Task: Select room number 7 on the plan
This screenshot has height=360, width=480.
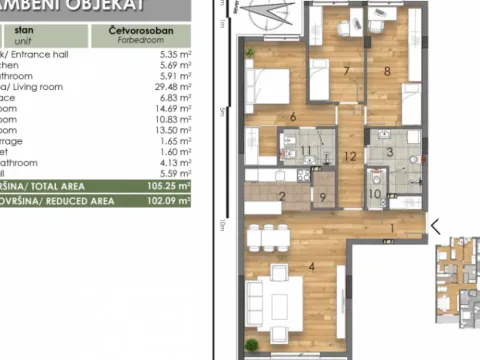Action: (x=346, y=71)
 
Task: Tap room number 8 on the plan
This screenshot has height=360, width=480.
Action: (x=387, y=71)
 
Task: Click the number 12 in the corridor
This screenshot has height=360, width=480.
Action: (x=349, y=156)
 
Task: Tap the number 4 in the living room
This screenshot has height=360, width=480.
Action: (x=312, y=266)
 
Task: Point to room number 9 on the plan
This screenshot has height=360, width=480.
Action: (x=322, y=196)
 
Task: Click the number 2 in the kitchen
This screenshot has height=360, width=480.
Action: (x=283, y=196)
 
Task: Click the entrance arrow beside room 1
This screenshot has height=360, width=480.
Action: (x=434, y=226)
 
